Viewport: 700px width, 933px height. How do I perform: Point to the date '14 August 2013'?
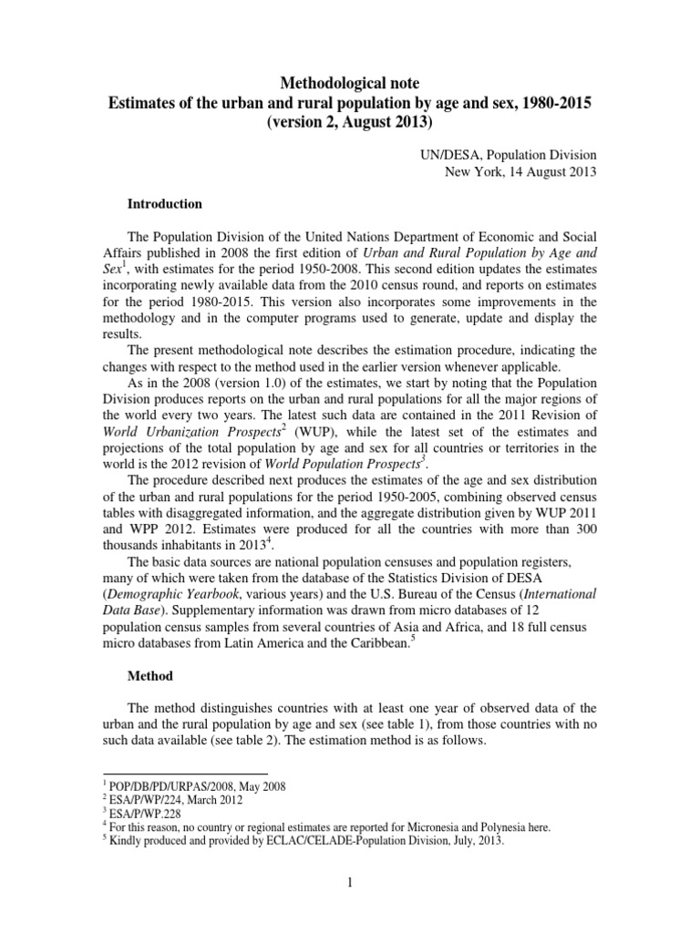(x=553, y=174)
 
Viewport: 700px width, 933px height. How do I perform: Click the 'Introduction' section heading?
(x=164, y=204)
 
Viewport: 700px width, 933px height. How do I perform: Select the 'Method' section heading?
(x=146, y=677)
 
